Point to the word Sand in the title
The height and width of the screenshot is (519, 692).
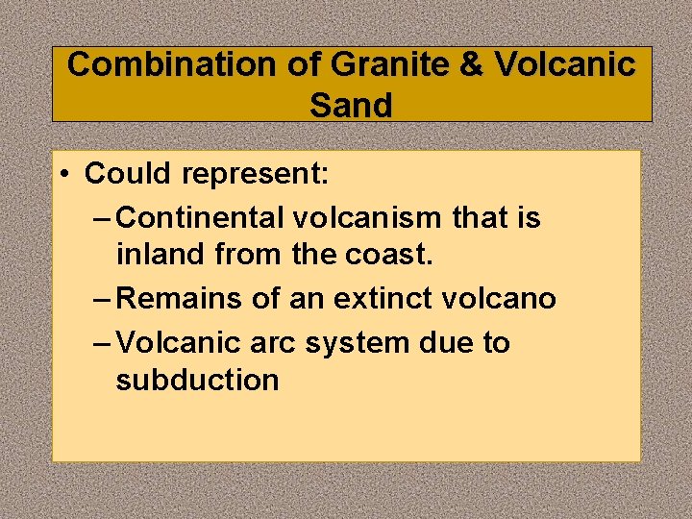(x=351, y=105)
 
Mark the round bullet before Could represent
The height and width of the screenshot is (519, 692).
(x=62, y=175)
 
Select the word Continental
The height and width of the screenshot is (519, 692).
(x=200, y=218)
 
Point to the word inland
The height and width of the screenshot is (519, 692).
(x=161, y=256)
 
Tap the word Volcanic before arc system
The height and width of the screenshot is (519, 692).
(x=171, y=342)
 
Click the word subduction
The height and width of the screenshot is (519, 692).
(x=197, y=380)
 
